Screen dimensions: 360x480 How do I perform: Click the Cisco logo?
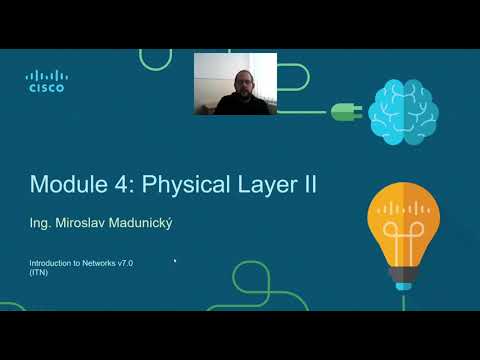point(45,81)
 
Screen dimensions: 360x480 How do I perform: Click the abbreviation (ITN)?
point(38,271)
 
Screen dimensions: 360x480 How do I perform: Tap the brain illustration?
point(401,111)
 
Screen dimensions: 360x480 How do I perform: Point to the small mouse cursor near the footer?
point(175,261)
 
